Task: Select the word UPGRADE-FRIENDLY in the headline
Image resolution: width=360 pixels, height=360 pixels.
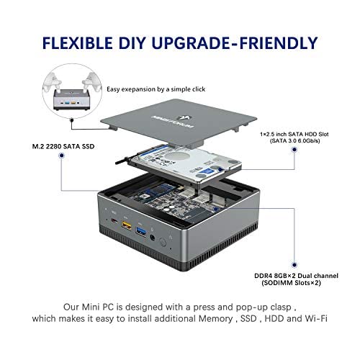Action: coord(235,43)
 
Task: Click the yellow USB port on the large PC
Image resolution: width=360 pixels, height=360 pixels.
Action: coord(127,225)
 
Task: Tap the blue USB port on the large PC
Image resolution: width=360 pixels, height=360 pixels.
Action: coord(141,231)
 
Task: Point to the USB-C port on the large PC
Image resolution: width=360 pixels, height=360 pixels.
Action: coord(114,220)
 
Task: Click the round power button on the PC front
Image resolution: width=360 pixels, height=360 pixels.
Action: coord(163,242)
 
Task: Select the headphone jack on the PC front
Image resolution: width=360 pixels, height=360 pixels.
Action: coord(152,238)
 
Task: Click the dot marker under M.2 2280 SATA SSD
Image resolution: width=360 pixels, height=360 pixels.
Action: coord(62,156)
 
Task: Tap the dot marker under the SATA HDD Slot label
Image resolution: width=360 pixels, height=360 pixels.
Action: coord(294,150)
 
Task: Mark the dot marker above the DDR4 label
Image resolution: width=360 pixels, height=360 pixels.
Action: coord(294,265)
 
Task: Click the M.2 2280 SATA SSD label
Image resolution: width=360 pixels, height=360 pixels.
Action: coord(63,146)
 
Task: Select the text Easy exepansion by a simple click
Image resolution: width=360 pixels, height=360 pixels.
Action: coord(156,89)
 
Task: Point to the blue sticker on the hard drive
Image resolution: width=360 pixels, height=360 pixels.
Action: coord(208,172)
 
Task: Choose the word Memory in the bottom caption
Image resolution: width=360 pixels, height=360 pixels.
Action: coord(215,319)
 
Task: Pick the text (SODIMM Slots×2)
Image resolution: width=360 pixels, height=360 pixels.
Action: coord(291,283)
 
